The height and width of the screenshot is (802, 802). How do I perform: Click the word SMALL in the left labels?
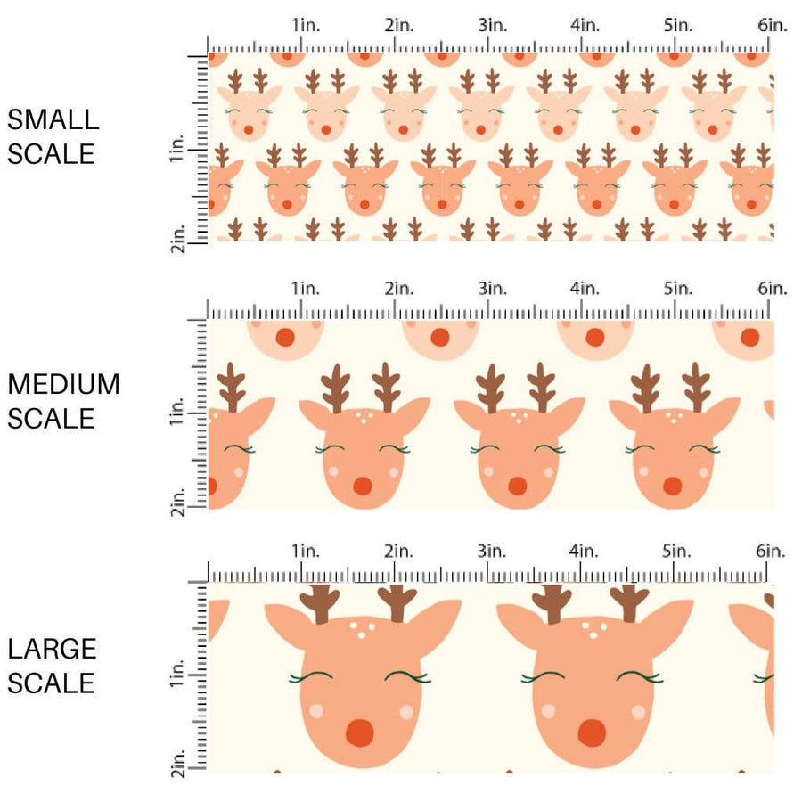[x=53, y=119]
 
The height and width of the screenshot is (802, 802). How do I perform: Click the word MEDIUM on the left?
[x=63, y=384]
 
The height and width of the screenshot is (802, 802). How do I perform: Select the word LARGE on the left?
[x=53, y=649]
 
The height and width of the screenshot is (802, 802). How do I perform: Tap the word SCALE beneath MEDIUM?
[x=51, y=419]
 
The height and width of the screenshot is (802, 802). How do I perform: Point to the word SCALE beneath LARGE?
[x=51, y=683]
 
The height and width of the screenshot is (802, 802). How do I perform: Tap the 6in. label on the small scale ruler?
[x=773, y=26]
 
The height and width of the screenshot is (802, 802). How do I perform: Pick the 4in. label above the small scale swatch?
[x=585, y=26]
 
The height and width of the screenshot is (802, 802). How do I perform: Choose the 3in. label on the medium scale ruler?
[x=492, y=288]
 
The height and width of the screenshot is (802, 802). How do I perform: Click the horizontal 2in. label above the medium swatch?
[x=398, y=288]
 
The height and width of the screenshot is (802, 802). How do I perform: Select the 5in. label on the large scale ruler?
[x=679, y=552]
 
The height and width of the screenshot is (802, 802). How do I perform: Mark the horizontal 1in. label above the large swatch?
[x=306, y=552]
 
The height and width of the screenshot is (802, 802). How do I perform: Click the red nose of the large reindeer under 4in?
[x=592, y=732]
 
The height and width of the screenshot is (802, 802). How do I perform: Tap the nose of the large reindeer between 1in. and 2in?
[x=359, y=732]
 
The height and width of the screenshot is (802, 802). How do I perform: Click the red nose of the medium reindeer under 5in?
[x=672, y=486]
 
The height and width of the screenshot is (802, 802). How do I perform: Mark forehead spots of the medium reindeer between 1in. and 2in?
[x=363, y=415]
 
